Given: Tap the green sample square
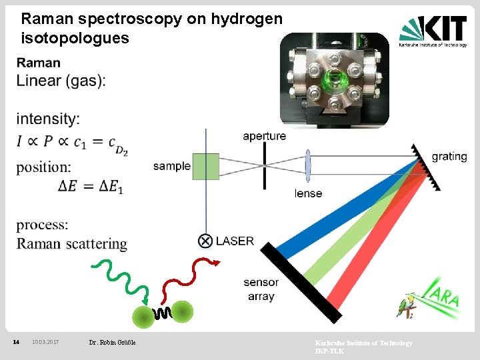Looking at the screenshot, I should click(x=205, y=166).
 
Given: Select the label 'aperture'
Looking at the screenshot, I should click(x=264, y=136).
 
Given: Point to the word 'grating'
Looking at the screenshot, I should click(x=449, y=157).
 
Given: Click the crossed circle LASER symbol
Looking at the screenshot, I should click(x=205, y=241).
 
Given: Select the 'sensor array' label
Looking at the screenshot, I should click(x=261, y=289).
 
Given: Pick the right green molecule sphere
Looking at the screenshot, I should click(x=182, y=311).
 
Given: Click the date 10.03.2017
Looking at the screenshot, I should click(x=45, y=342).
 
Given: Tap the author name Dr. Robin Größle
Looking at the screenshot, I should click(x=112, y=343).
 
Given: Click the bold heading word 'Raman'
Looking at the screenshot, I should click(x=39, y=63).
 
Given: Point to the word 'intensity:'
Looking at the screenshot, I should click(x=48, y=119).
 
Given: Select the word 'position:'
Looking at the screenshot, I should click(x=43, y=167).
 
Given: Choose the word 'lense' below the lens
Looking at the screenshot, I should click(x=308, y=193).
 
